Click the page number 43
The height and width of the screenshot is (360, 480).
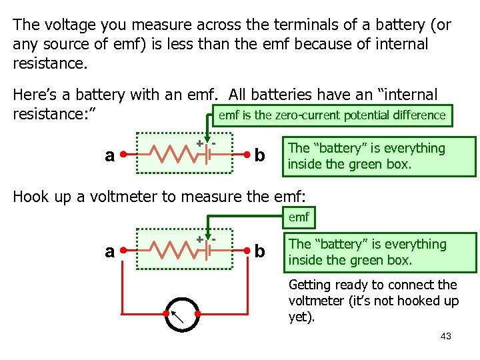pyautogui.click(x=446, y=336)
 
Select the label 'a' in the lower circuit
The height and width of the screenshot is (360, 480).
pyautogui.click(x=111, y=251)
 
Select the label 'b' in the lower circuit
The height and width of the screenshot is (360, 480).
pyautogui.click(x=260, y=251)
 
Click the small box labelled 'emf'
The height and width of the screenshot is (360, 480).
pyautogui.click(x=298, y=217)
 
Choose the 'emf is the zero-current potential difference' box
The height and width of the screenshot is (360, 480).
pyautogui.click(x=331, y=115)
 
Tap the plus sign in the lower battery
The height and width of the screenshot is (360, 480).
pyautogui.click(x=199, y=238)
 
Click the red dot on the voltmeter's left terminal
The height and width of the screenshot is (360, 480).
pyautogui.click(x=166, y=314)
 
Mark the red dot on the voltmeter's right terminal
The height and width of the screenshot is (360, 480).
pyautogui.click(x=199, y=314)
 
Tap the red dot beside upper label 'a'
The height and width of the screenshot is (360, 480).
pyautogui.click(x=125, y=156)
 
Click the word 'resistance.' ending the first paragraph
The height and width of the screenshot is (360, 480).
pyautogui.click(x=50, y=63)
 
